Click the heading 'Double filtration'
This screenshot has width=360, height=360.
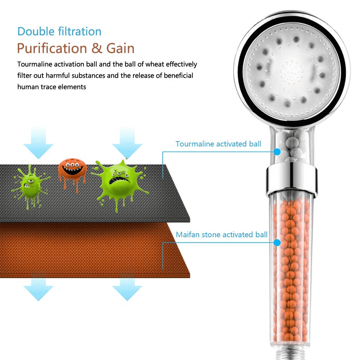click(59, 31)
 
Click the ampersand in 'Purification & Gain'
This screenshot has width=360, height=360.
click(96, 48)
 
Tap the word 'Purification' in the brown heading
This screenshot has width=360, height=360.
click(52, 49)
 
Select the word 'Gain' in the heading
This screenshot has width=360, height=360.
click(120, 48)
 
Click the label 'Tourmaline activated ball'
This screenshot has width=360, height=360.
click(219, 144)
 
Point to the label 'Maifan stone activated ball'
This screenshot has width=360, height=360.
click(221, 235)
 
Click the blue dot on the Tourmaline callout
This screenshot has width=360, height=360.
click(277, 152)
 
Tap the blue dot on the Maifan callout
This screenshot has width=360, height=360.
click(277, 243)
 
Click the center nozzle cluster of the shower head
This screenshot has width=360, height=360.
click(292, 71)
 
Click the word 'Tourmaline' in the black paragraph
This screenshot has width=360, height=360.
click(35, 64)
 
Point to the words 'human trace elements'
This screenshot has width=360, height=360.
click(51, 87)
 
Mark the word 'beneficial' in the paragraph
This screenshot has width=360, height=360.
click(179, 76)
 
